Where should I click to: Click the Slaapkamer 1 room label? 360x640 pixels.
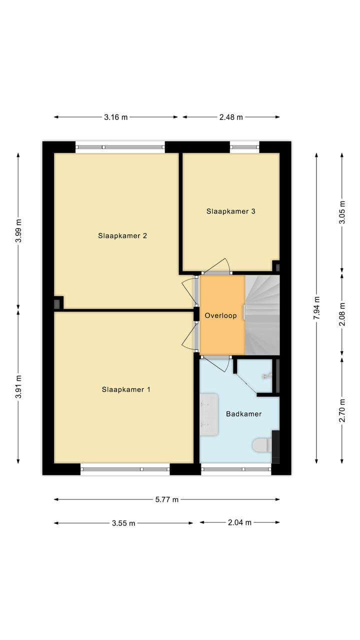[126, 389]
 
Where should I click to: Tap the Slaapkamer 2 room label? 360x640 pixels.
[122, 236]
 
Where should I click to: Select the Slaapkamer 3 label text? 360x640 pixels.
[231, 211]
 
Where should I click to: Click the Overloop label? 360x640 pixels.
[220, 316]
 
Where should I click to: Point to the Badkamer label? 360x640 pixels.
[243, 414]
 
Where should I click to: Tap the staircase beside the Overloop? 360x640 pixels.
[262, 315]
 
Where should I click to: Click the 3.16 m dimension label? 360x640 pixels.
[116, 117]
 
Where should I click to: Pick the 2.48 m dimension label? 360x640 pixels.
[231, 117]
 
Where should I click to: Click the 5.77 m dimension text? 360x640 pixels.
[166, 499]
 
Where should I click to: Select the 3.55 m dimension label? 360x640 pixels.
[123, 523]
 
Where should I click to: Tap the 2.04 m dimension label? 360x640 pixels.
[239, 522]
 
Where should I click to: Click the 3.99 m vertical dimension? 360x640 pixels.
[18, 231]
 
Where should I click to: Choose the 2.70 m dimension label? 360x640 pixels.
[342, 410]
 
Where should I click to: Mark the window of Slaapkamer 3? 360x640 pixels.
[244, 147]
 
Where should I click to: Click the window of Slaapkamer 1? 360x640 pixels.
[125, 469]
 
